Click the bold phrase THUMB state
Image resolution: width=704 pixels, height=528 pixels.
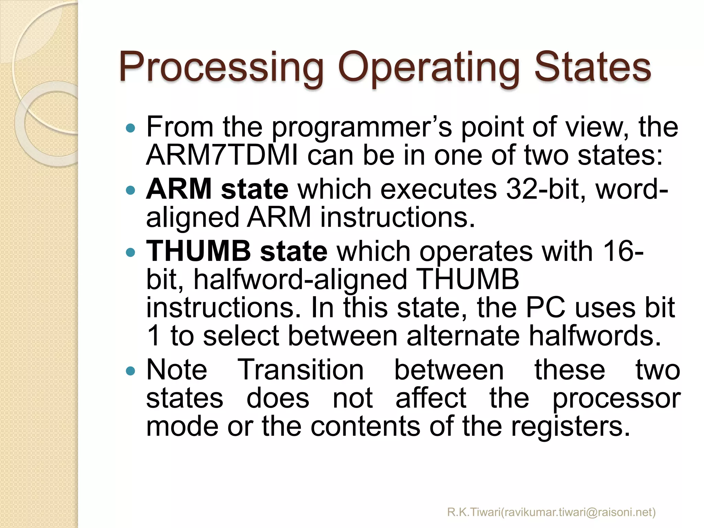(237, 251)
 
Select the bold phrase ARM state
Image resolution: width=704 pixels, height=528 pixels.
(217, 189)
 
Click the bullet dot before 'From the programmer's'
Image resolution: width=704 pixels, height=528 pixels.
(131, 129)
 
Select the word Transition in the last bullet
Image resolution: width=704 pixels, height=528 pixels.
(301, 370)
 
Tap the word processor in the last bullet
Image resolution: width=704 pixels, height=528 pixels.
(616, 399)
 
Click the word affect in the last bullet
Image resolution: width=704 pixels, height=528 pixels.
(431, 398)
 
